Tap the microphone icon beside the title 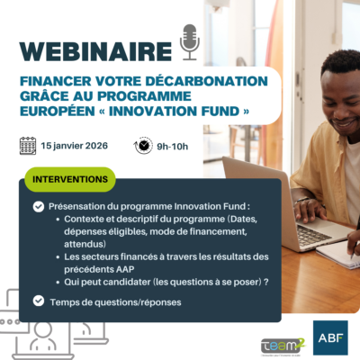[x=190, y=40]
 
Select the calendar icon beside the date [x=28, y=146]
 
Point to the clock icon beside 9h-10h [x=143, y=146]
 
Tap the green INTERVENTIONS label [x=70, y=179]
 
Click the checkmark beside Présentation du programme [x=38, y=206]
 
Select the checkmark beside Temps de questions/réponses [x=38, y=301]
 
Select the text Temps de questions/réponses [x=115, y=301]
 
